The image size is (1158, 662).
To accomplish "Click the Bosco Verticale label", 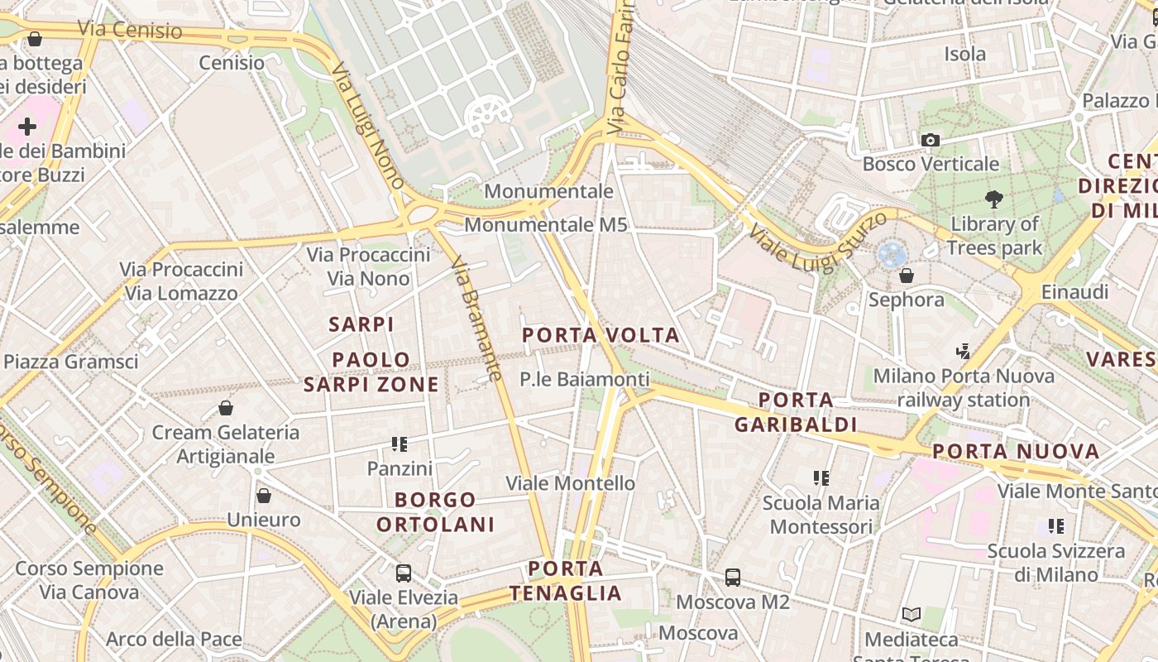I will pos(931,164).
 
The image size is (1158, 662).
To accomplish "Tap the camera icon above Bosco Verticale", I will pos(931,141).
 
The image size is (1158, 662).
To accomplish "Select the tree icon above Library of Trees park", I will pos(993,199).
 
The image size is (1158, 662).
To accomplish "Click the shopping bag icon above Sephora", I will pos(907,276).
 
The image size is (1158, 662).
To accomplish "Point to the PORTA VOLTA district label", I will pos(601,335).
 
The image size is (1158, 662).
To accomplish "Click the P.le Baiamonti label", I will pos(585,379).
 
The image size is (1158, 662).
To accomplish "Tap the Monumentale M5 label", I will pos(546,224).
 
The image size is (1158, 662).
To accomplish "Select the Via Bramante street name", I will pos(476,319).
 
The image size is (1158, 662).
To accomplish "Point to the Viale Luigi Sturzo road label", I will pos(819,238).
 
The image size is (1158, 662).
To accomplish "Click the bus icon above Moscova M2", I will pos(733,578).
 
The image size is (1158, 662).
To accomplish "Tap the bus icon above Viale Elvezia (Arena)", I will pos(404,573).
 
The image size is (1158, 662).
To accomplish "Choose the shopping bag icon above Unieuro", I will pos(264,496).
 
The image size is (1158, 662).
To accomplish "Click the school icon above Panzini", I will pos(400,444).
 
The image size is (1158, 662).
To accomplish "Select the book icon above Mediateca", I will pos(911,615).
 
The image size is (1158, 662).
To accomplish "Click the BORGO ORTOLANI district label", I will pos(436,511).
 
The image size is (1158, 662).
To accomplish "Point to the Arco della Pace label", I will pos(174,639).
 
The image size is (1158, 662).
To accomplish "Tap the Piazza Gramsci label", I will pos(71,362).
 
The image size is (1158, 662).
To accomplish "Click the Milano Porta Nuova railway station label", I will pos(964,388).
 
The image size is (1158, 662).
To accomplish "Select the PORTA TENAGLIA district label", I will pos(566,581).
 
